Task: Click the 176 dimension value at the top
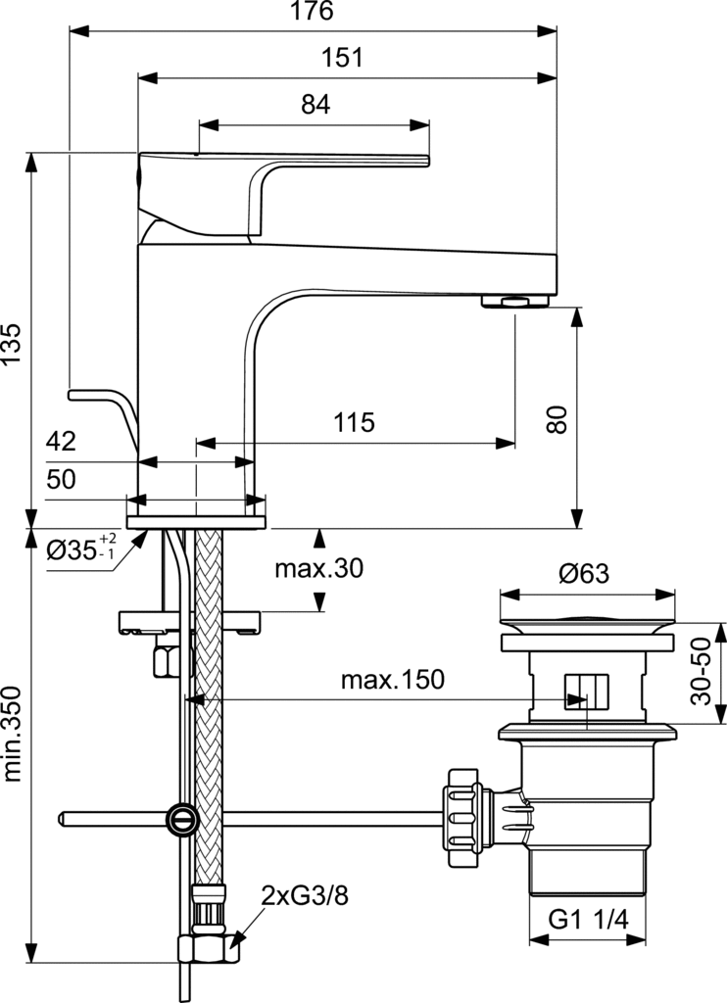coord(313,12)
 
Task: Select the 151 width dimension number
coord(341,58)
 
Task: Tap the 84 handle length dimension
coord(315,105)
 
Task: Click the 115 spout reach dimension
coord(354,423)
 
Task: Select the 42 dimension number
coord(61,442)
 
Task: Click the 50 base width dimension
coord(61,479)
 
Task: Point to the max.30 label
coord(318,569)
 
